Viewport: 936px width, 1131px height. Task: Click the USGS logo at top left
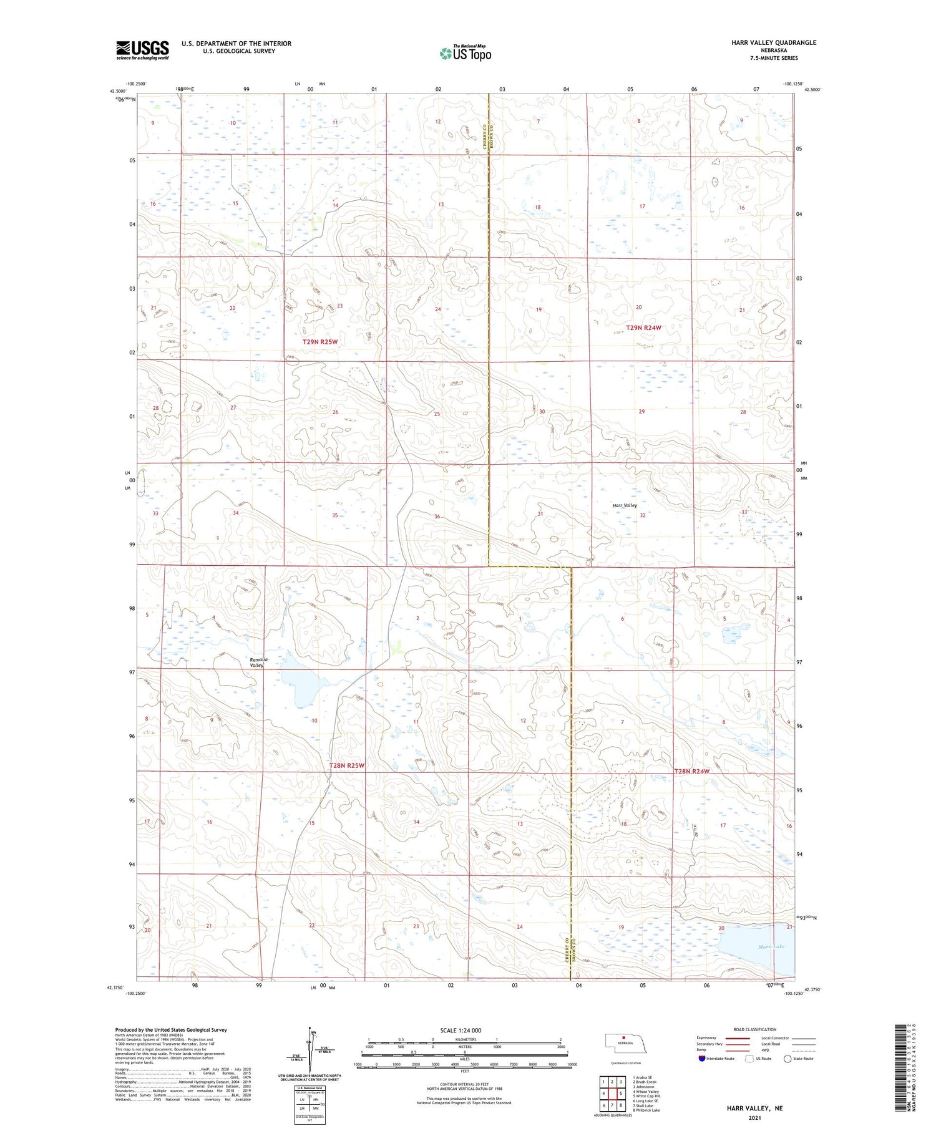click(142, 50)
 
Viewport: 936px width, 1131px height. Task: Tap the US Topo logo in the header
click(465, 54)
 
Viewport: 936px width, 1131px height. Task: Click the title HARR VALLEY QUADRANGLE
click(774, 42)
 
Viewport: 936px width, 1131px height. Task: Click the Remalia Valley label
click(258, 662)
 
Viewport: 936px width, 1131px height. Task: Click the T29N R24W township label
click(643, 328)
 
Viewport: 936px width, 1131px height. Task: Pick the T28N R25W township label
click(347, 765)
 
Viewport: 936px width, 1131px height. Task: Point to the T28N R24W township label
click(692, 771)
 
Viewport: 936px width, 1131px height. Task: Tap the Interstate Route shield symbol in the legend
click(702, 1059)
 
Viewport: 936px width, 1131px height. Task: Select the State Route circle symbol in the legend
click(787, 1059)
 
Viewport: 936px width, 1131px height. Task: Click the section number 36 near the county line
click(437, 517)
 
